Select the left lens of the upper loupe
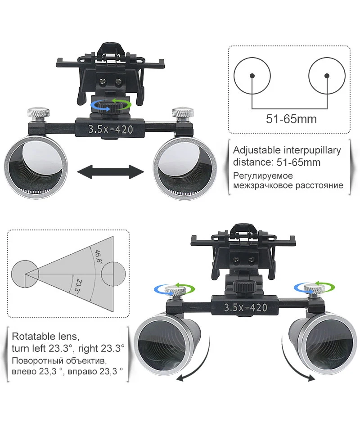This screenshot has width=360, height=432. pyautogui.click(x=36, y=167)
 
